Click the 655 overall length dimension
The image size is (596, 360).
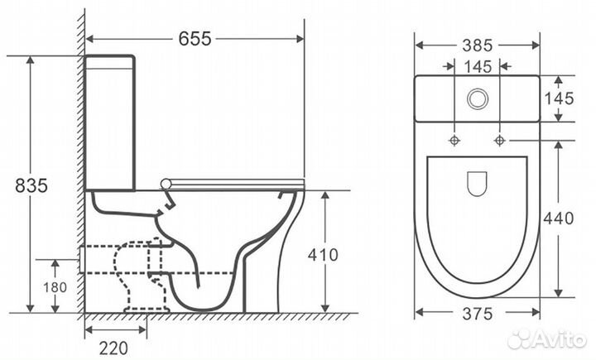[195, 38]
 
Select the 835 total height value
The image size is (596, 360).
[31, 185]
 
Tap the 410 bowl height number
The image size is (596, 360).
[323, 255]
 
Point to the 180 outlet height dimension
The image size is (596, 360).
[55, 287]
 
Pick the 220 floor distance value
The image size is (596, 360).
[113, 348]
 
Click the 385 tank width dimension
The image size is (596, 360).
[478, 46]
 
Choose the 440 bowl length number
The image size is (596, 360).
[559, 218]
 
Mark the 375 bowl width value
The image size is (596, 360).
[478, 314]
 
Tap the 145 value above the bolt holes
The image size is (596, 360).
[478, 67]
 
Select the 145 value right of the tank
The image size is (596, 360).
[559, 98]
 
